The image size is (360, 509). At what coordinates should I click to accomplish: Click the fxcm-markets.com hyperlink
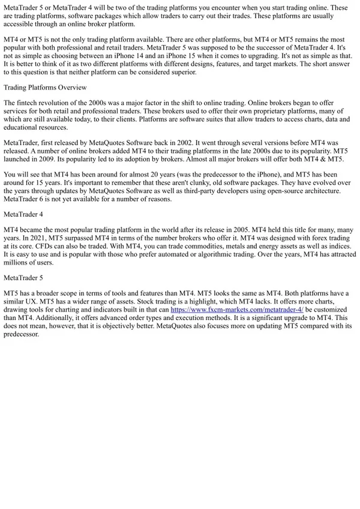(x=237, y=309)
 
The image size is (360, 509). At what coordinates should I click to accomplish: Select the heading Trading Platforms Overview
(x=45, y=87)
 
